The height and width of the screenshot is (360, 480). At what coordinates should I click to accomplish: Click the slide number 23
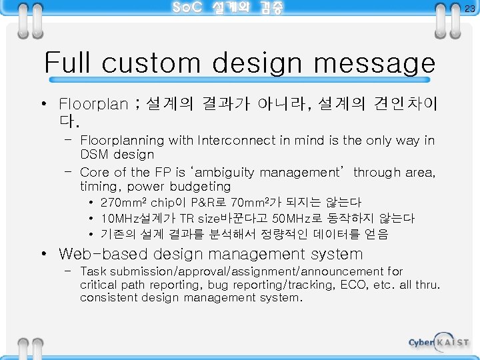tap(470, 8)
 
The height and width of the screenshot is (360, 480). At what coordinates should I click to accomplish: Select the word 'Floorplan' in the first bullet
tap(93, 105)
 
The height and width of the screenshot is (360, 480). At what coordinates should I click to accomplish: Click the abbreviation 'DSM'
tap(95, 155)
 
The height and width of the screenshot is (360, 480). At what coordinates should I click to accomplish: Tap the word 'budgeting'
tap(198, 187)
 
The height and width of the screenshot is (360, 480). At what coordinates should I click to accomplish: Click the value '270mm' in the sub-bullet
tap(121, 202)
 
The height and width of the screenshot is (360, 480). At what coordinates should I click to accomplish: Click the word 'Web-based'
tap(103, 254)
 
